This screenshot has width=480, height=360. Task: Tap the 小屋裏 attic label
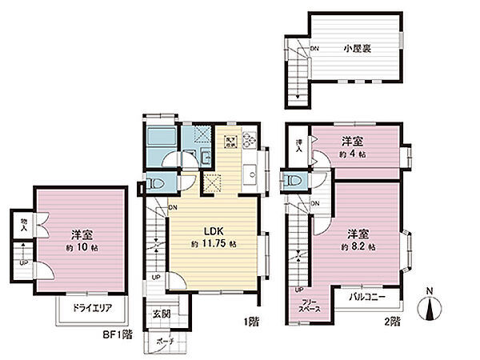[358, 48]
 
